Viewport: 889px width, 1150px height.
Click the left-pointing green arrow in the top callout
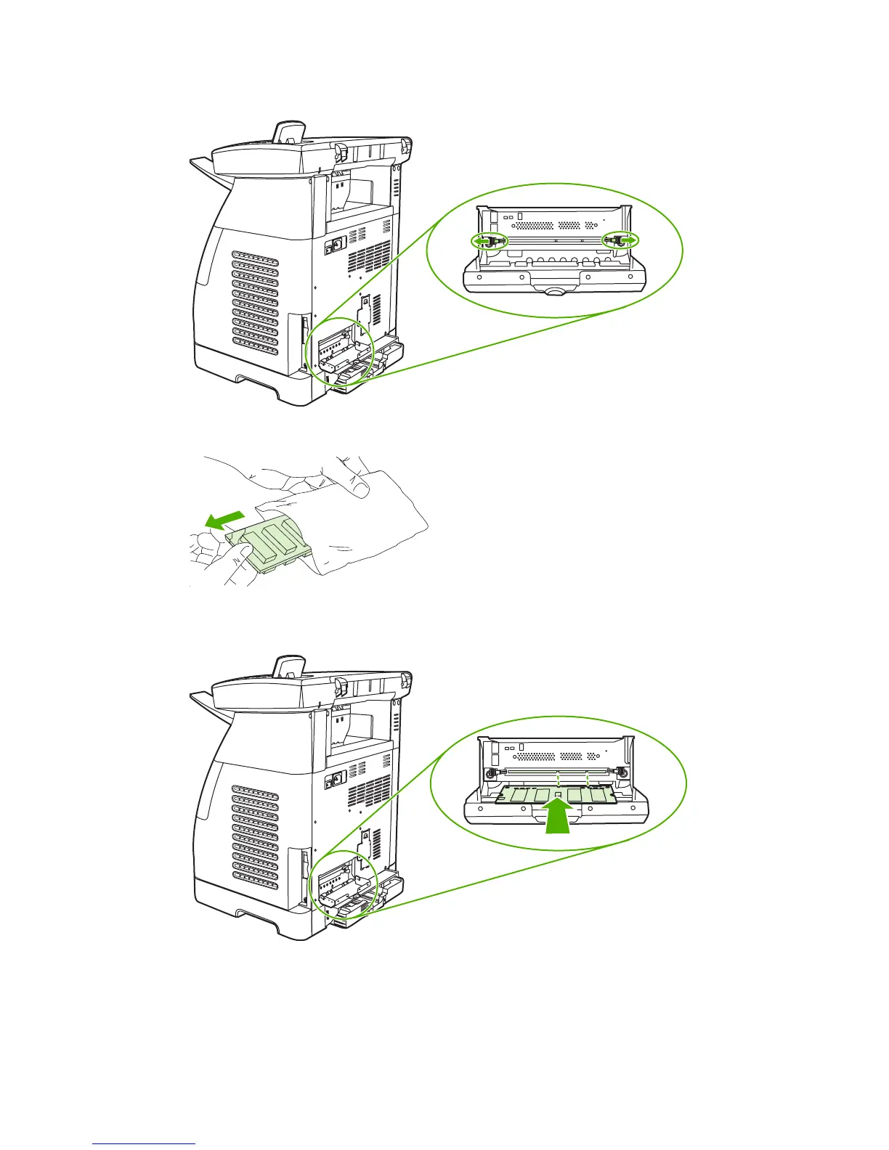481,240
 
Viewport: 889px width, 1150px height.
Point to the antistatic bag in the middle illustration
363,523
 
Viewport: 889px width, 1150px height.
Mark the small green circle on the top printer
341,348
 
